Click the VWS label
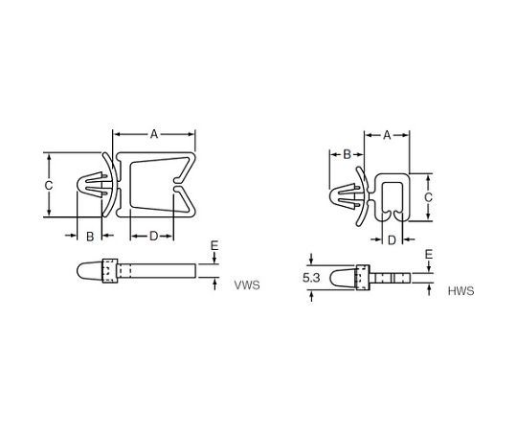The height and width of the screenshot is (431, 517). (x=247, y=285)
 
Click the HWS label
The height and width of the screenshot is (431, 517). (x=461, y=291)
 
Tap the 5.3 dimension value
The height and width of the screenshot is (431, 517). (x=311, y=279)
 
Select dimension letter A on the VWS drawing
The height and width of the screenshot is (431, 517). (x=154, y=134)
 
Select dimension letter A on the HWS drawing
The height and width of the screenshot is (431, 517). (x=387, y=135)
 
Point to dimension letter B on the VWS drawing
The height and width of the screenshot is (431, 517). (x=90, y=237)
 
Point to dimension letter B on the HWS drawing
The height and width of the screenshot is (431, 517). (x=347, y=154)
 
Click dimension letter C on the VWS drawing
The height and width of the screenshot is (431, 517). (x=49, y=186)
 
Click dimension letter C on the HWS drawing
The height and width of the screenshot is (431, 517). (x=428, y=197)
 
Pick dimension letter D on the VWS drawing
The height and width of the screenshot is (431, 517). (x=154, y=237)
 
